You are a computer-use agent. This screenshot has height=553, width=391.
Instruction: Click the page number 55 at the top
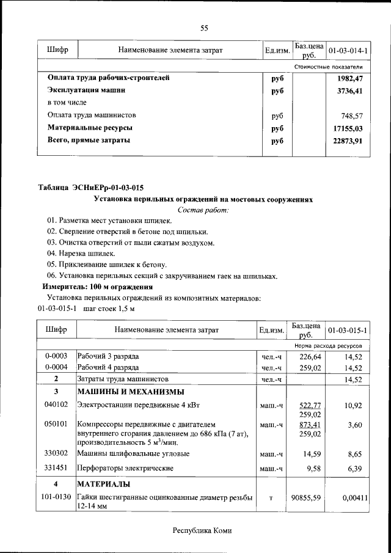click(x=204, y=27)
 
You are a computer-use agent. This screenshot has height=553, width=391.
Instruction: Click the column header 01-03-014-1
click(x=348, y=49)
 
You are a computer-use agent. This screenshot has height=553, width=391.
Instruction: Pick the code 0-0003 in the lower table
click(x=56, y=356)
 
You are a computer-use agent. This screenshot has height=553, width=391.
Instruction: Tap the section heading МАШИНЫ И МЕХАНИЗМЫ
click(x=131, y=392)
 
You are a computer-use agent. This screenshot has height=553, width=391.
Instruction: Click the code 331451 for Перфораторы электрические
click(x=56, y=468)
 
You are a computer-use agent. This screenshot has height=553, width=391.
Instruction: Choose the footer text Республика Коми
click(x=202, y=531)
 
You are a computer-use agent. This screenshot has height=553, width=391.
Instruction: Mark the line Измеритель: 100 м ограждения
click(x=97, y=287)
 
